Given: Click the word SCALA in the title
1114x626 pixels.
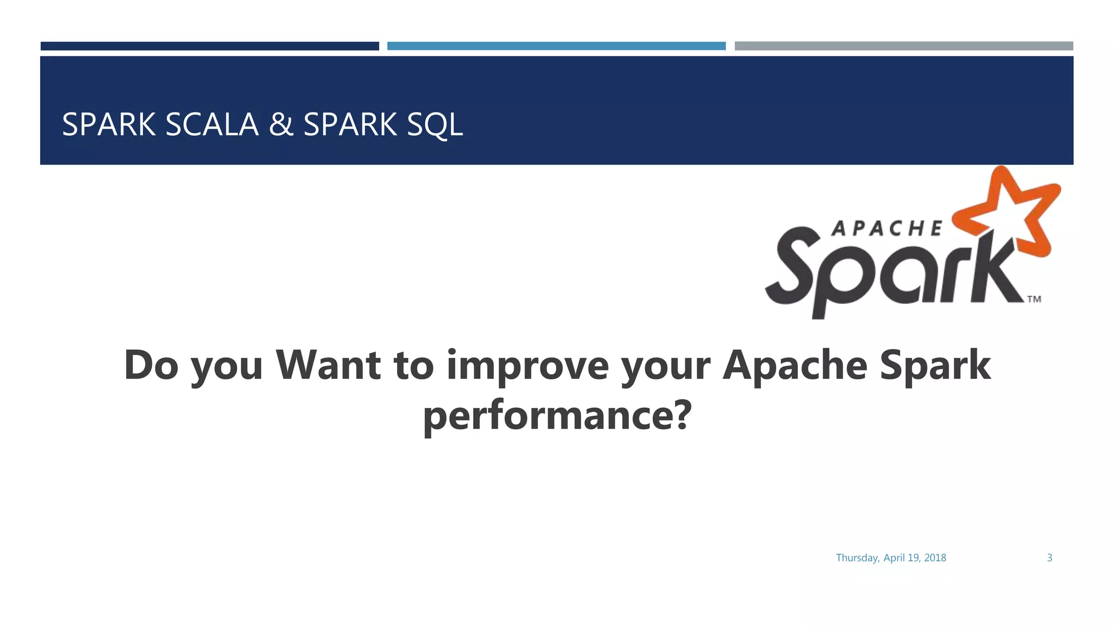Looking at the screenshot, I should (212, 124).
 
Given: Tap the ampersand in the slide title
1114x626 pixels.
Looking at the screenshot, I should (281, 124).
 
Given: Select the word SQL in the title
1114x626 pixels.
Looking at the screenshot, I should (435, 124).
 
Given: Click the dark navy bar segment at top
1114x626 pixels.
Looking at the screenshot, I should (209, 46).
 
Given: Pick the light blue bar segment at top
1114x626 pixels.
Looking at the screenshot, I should (556, 46).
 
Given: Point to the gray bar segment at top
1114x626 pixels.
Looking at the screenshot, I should (903, 46).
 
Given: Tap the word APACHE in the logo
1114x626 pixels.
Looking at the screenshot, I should (887, 229).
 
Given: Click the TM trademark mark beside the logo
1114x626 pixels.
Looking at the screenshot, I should (1034, 299).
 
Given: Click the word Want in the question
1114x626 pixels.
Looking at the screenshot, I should (327, 365).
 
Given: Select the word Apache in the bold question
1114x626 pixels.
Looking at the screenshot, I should (794, 365).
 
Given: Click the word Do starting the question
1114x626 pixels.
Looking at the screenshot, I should (151, 365).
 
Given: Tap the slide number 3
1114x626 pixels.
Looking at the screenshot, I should (1049, 558).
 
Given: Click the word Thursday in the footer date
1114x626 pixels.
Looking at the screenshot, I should (857, 558).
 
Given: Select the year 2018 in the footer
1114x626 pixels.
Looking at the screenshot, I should (935, 558).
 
